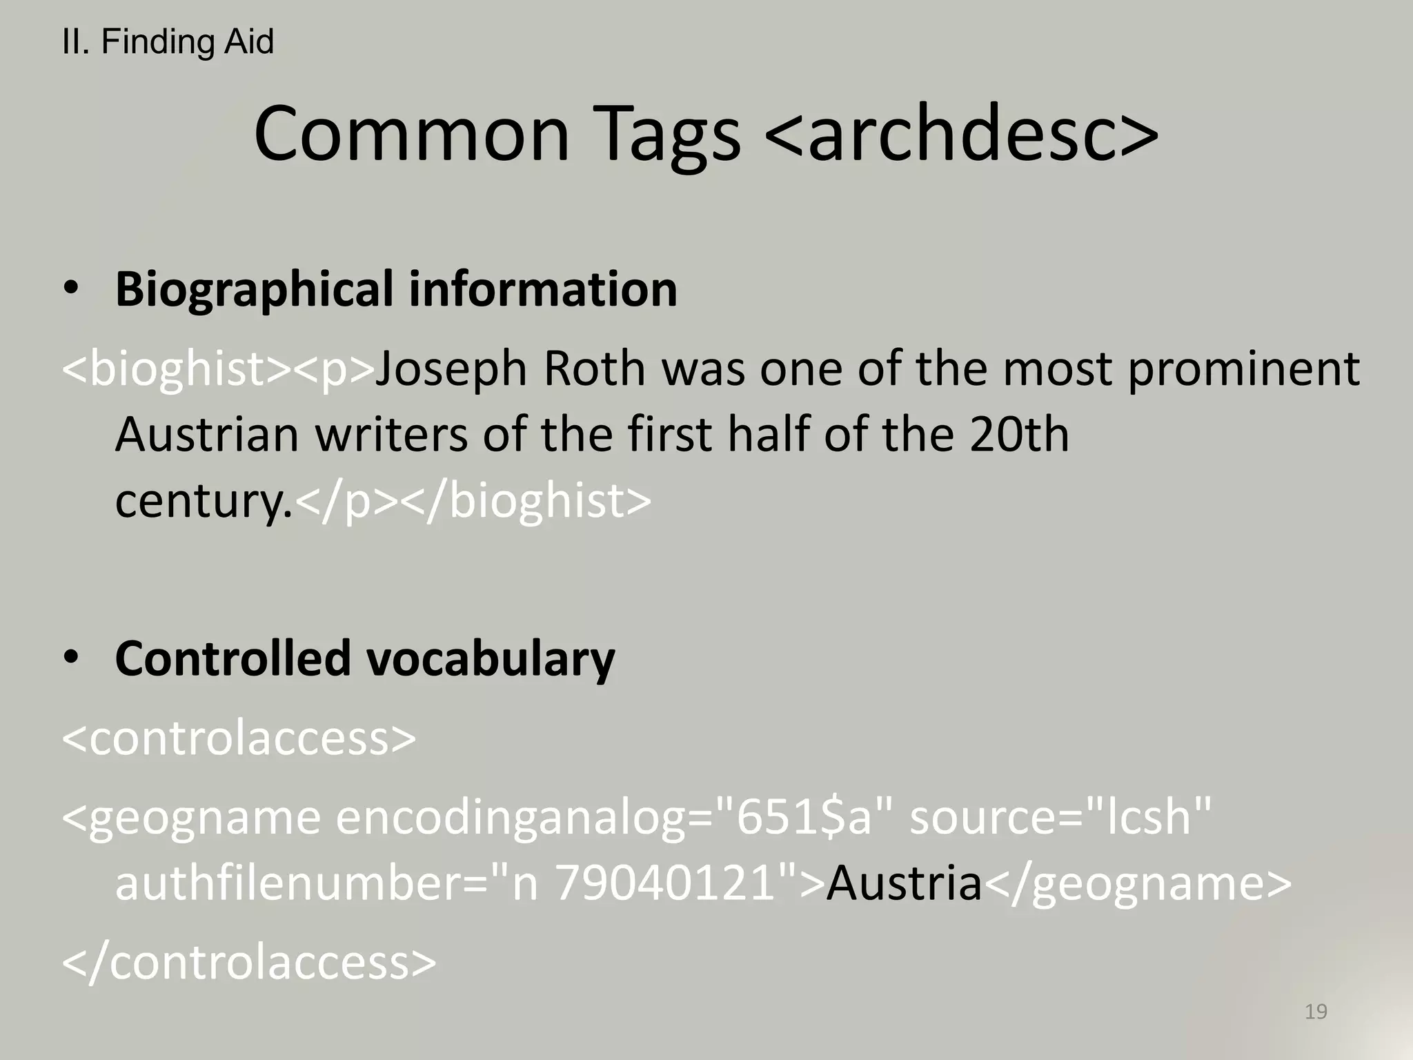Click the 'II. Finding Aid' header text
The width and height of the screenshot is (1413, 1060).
pos(168,42)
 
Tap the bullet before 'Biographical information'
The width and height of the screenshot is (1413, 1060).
pos(71,289)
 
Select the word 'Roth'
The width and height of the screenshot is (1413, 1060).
pos(594,369)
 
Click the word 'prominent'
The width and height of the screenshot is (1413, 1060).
pos(1244,369)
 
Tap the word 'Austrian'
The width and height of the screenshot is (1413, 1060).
pos(206,435)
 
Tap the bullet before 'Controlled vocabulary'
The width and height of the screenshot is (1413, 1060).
pos(71,658)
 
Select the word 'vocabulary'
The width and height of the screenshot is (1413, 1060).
pos(490,658)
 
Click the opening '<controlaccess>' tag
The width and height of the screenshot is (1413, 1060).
pos(239,738)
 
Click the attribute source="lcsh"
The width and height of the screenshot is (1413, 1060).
pos(1060,817)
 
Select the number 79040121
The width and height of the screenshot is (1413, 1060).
pos(666,883)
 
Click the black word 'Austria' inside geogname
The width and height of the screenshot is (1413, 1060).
pos(904,883)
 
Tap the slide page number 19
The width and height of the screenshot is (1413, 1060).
pos(1316,1012)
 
